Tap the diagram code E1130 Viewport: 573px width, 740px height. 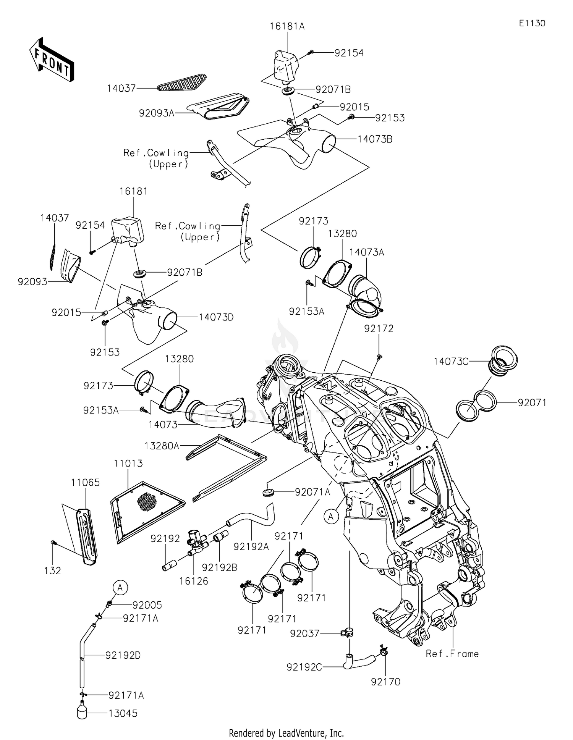[x=532, y=23]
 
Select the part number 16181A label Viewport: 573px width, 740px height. [x=287, y=26]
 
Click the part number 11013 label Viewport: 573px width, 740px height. [x=128, y=464]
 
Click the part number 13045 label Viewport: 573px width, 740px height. [x=123, y=713]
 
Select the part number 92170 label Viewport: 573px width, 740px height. [x=385, y=682]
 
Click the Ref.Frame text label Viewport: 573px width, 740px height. [x=452, y=654]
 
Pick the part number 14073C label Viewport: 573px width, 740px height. [x=451, y=361]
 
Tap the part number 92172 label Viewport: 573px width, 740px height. [x=378, y=328]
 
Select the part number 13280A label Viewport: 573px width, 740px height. [x=162, y=446]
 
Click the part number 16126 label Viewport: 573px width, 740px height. [x=194, y=581]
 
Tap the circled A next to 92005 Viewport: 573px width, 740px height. [x=120, y=588]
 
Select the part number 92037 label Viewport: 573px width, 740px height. [x=304, y=633]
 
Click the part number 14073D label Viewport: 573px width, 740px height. [x=216, y=317]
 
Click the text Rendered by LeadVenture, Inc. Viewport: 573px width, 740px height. [x=286, y=733]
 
